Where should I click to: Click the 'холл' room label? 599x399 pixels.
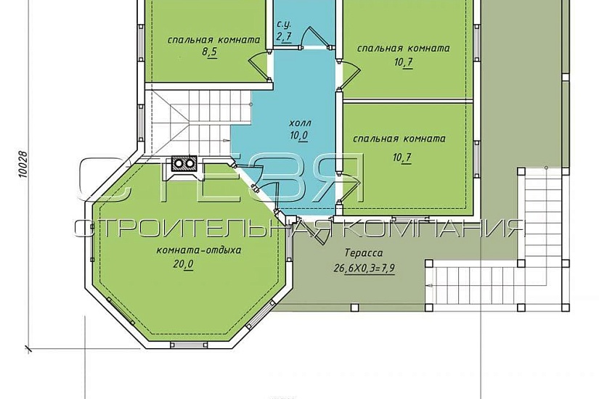[x=300, y=123]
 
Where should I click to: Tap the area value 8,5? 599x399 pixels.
[x=209, y=52]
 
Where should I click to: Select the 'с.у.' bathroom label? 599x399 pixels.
[x=284, y=25]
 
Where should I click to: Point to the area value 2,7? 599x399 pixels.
[x=284, y=37]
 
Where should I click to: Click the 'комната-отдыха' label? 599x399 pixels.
[x=199, y=250]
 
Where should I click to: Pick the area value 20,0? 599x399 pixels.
[x=184, y=264]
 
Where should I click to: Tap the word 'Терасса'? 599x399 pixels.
[x=363, y=252]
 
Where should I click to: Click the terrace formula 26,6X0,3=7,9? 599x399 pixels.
[x=364, y=268]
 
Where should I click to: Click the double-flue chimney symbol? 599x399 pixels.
[x=184, y=163]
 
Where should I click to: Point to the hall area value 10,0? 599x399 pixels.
[x=299, y=136]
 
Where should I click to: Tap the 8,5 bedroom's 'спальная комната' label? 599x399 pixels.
[x=213, y=40]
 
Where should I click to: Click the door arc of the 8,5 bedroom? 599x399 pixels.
[x=257, y=63]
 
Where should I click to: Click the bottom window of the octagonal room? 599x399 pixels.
[x=189, y=345]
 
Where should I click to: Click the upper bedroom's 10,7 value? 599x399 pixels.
[x=404, y=62]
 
